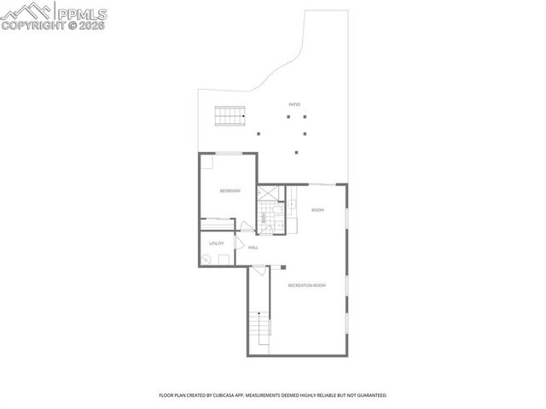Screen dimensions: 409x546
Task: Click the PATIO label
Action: coord(294,104)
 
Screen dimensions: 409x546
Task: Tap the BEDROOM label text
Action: coord(229,190)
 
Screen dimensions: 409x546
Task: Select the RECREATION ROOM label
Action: coord(307,284)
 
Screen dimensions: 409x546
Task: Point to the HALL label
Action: coord(253,248)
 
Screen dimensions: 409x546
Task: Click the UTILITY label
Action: coord(216,243)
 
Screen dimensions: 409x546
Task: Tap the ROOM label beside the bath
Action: coord(317,210)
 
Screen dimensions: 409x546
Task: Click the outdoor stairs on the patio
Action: coord(229,115)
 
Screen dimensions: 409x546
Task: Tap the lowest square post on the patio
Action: coord(297,153)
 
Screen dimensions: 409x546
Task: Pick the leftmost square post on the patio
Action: coord(258,132)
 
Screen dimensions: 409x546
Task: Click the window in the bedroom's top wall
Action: coord(228,153)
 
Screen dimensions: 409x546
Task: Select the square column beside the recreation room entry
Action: coord(282,266)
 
